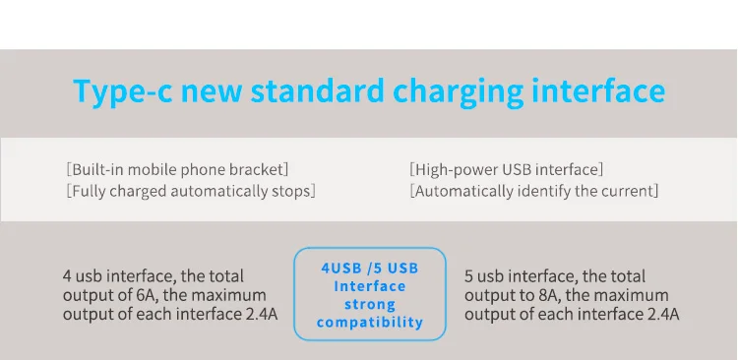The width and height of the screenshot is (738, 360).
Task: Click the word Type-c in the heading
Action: (122, 91)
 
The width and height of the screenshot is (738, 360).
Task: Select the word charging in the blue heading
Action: (458, 92)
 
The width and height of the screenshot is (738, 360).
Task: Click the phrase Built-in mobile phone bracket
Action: (177, 169)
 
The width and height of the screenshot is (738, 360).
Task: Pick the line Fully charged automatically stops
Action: (191, 191)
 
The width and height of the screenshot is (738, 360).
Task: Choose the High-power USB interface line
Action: (506, 169)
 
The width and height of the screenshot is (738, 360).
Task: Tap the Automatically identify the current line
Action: (533, 191)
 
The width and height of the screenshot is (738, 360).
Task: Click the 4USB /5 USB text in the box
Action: (369, 269)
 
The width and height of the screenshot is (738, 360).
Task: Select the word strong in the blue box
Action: (369, 305)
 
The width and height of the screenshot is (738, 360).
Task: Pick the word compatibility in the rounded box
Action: (370, 323)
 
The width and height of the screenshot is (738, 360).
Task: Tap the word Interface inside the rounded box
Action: (369, 286)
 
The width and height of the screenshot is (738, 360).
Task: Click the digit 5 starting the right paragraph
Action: (468, 276)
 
